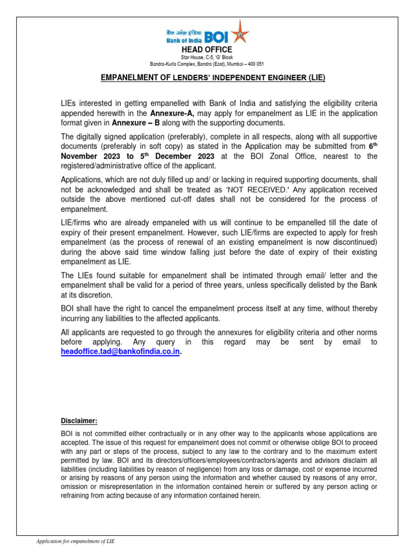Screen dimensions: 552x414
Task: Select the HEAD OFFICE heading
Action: (207, 50)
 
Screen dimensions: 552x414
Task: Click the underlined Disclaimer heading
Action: (79, 421)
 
